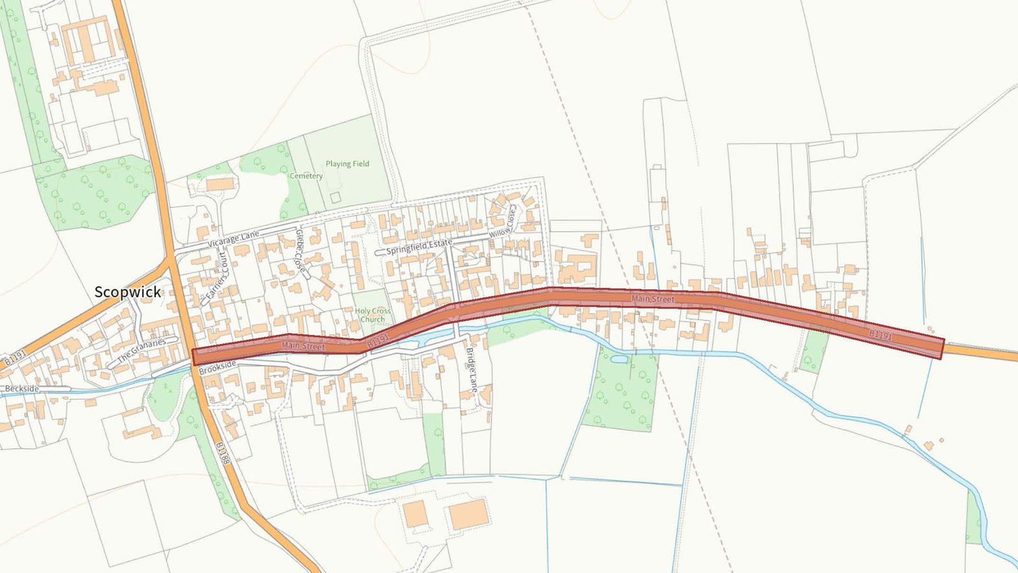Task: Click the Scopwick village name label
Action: (127, 292)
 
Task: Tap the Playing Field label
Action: (347, 164)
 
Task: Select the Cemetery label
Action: (306, 176)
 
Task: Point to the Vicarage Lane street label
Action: (234, 239)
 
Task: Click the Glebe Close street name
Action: (301, 253)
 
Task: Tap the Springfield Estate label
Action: (419, 247)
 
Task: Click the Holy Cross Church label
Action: (373, 315)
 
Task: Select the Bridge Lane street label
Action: (471, 369)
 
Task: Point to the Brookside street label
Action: (218, 367)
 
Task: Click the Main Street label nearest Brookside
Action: (303, 346)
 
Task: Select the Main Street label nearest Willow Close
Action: (653, 298)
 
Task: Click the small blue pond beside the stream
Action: (618, 359)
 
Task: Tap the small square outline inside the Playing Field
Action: (335, 197)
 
